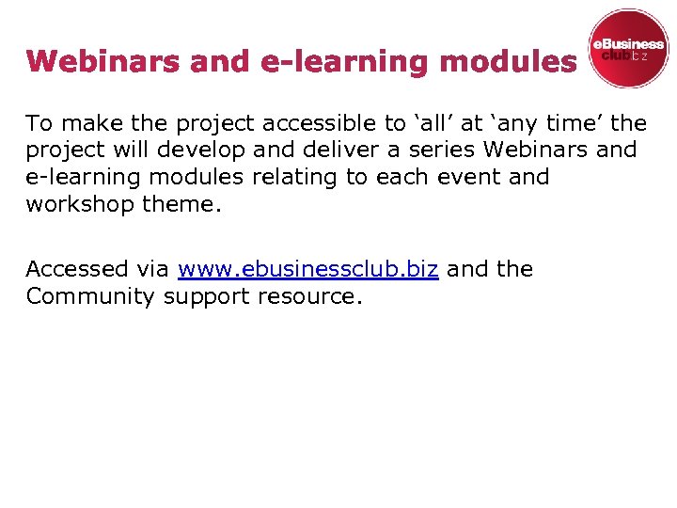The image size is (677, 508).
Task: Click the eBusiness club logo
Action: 627,49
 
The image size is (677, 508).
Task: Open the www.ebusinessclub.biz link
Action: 307,269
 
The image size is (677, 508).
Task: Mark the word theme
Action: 181,205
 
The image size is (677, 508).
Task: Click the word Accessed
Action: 77,269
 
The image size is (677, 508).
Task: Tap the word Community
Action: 89,296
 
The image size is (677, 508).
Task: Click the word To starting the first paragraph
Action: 39,123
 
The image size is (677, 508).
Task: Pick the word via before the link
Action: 151,269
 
